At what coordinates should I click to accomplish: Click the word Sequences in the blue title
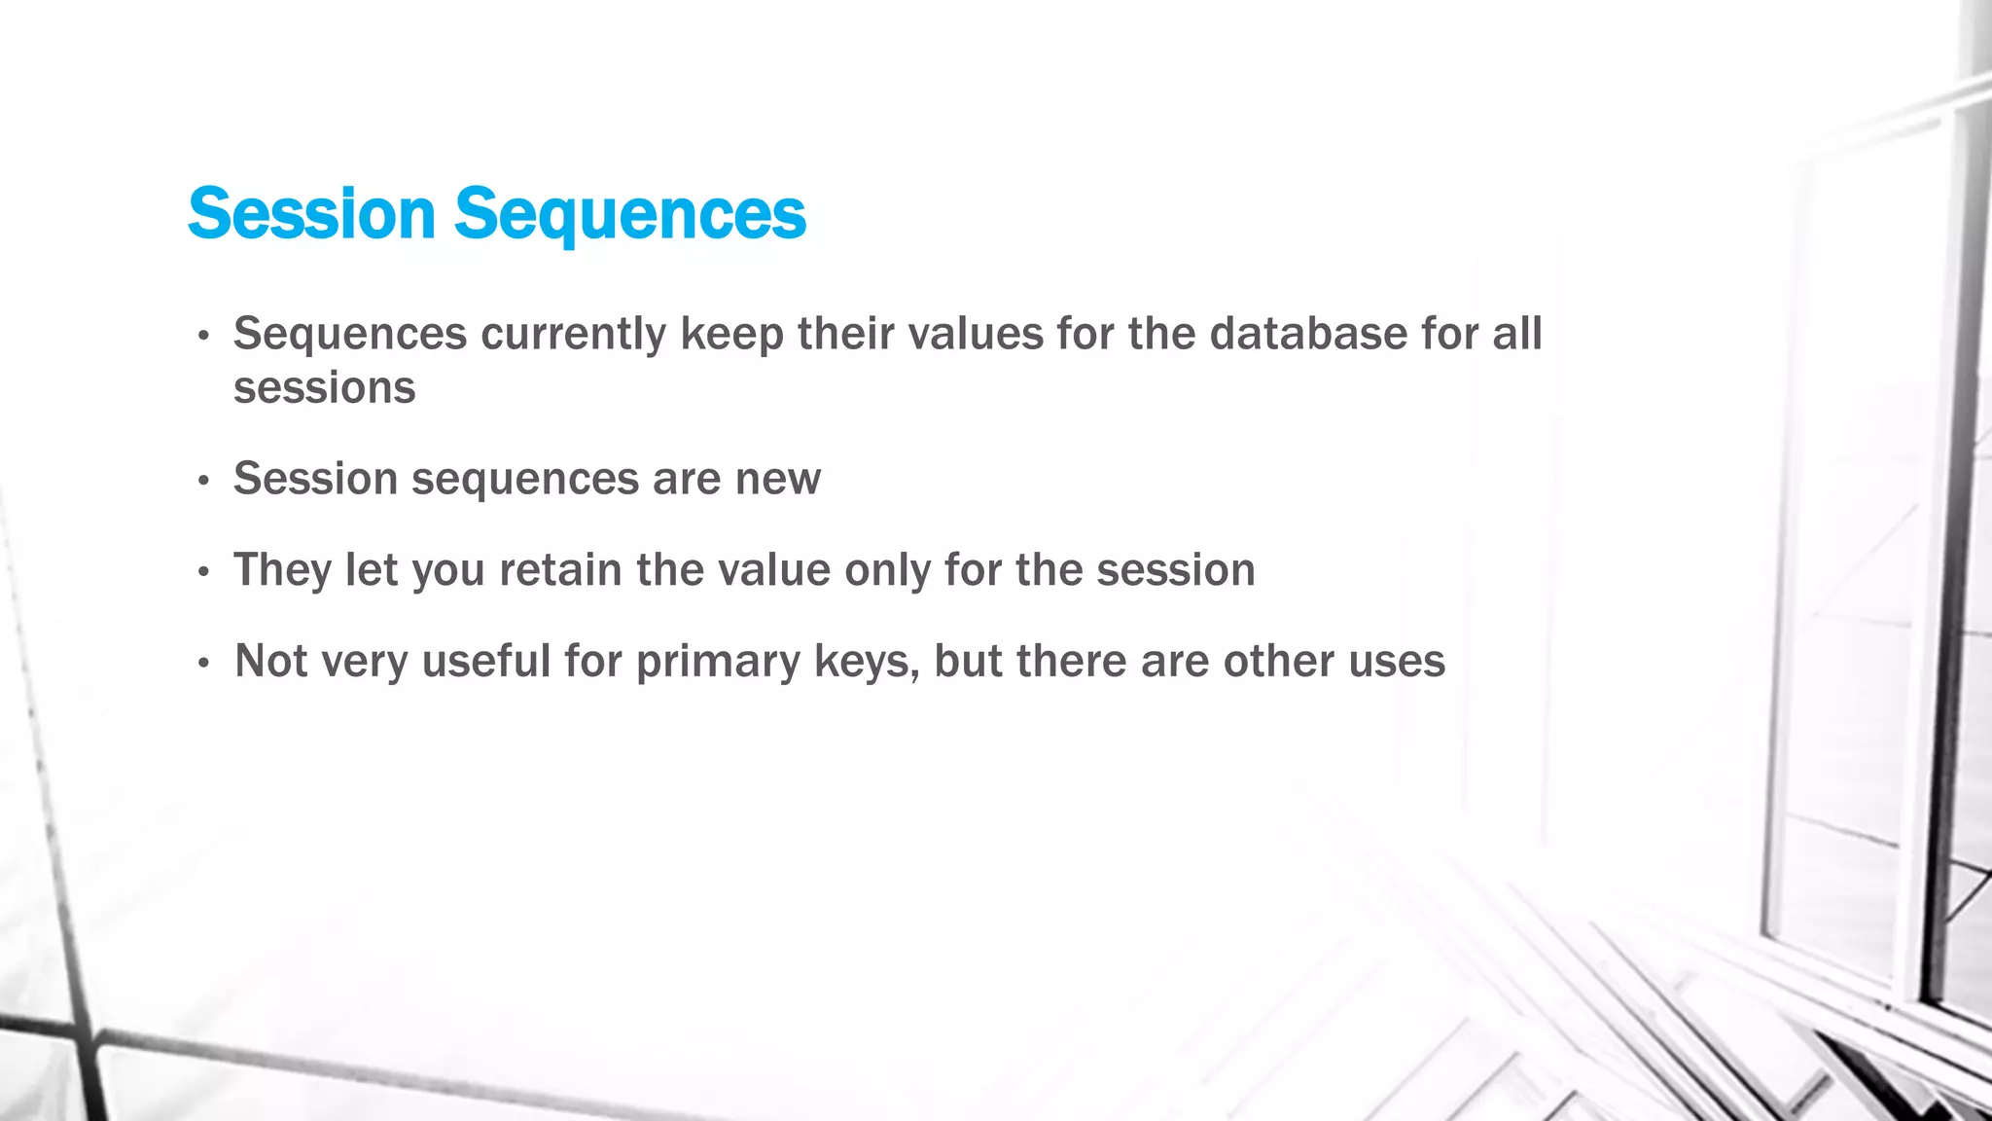[x=630, y=216]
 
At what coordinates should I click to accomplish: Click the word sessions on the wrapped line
[x=324, y=388]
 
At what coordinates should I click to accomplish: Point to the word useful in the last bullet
[x=486, y=662]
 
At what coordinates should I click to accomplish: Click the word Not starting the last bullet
[x=271, y=662]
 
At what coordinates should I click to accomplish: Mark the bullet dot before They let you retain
[x=203, y=573]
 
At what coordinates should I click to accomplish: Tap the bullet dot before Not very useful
[x=203, y=665]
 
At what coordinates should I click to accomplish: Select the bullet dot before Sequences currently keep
[x=203, y=337]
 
